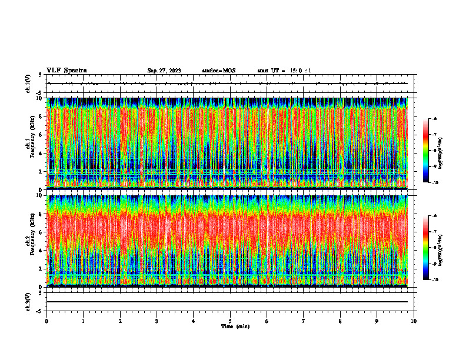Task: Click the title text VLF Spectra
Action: click(x=66, y=71)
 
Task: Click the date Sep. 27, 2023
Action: click(x=164, y=71)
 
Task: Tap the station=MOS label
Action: click(x=218, y=71)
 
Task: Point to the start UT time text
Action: click(x=284, y=71)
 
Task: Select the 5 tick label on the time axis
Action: click(x=230, y=321)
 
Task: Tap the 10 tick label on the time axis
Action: click(x=414, y=321)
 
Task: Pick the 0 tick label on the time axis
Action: click(x=46, y=321)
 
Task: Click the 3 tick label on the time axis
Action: click(x=157, y=321)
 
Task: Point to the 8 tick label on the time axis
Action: click(x=340, y=321)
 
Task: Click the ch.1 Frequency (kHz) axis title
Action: click(x=29, y=143)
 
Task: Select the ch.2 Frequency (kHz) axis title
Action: click(x=29, y=240)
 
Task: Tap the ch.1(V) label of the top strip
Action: click(x=28, y=84)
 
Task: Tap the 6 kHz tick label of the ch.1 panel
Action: click(x=41, y=135)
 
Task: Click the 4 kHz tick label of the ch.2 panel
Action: click(x=41, y=250)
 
